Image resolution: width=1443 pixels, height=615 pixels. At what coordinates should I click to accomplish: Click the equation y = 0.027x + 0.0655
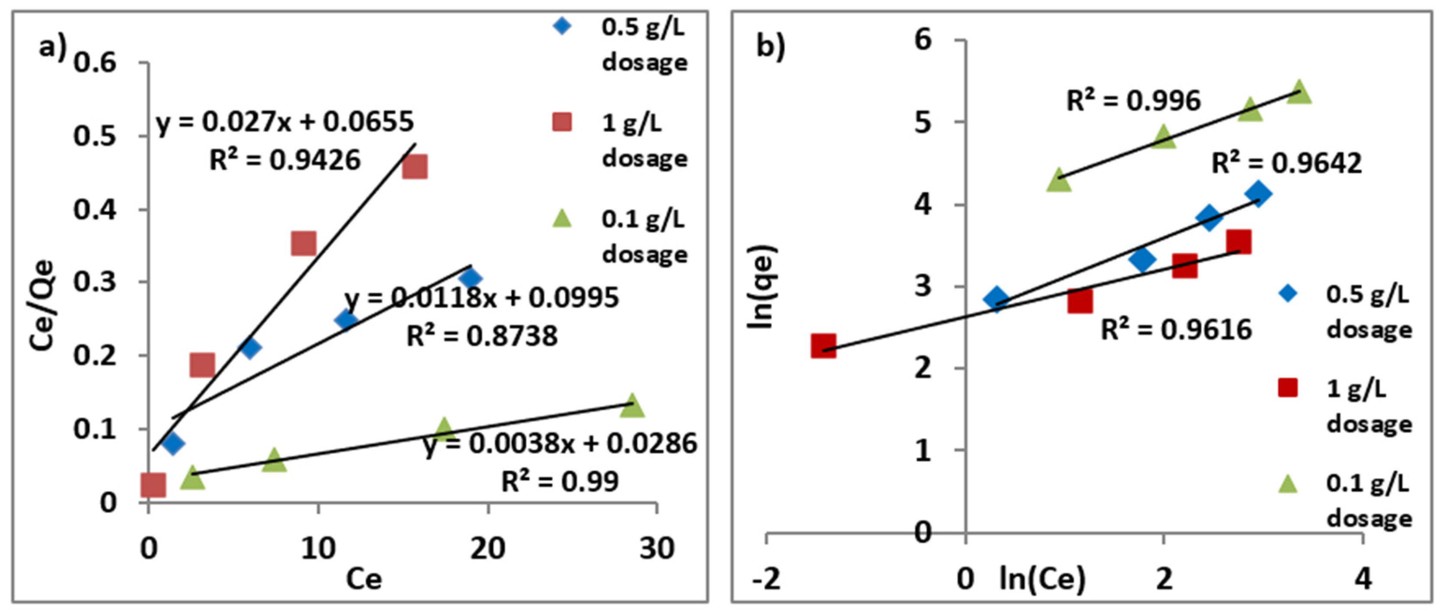tap(285, 122)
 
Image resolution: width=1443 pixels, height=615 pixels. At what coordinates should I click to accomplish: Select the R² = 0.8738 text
tap(482, 336)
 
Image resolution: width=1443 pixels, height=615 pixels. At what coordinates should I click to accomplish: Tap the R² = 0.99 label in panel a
tap(560, 481)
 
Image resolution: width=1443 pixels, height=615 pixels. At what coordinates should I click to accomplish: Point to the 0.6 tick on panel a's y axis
tap(95, 62)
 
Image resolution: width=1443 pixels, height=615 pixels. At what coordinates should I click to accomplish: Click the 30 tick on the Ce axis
tap(657, 548)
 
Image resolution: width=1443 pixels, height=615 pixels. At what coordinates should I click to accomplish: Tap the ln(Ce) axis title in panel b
tap(1042, 579)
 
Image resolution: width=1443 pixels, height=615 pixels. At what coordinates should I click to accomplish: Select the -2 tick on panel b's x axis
tap(766, 579)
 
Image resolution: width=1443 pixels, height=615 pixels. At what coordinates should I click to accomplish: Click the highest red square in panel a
tap(415, 166)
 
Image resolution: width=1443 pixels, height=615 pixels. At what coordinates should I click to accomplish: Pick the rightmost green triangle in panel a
tap(632, 405)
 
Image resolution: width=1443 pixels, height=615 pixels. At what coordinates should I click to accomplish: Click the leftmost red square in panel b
tap(824, 346)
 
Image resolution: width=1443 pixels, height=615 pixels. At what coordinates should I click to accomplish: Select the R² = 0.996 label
tap(1133, 101)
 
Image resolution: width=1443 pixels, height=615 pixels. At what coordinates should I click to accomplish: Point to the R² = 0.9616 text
tap(1176, 329)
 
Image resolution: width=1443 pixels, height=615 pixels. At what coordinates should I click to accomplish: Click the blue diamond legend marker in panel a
tap(562, 26)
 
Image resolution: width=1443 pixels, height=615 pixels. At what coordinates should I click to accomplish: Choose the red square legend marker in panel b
tap(1288, 388)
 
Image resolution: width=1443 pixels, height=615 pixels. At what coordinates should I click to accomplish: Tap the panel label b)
tap(770, 46)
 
